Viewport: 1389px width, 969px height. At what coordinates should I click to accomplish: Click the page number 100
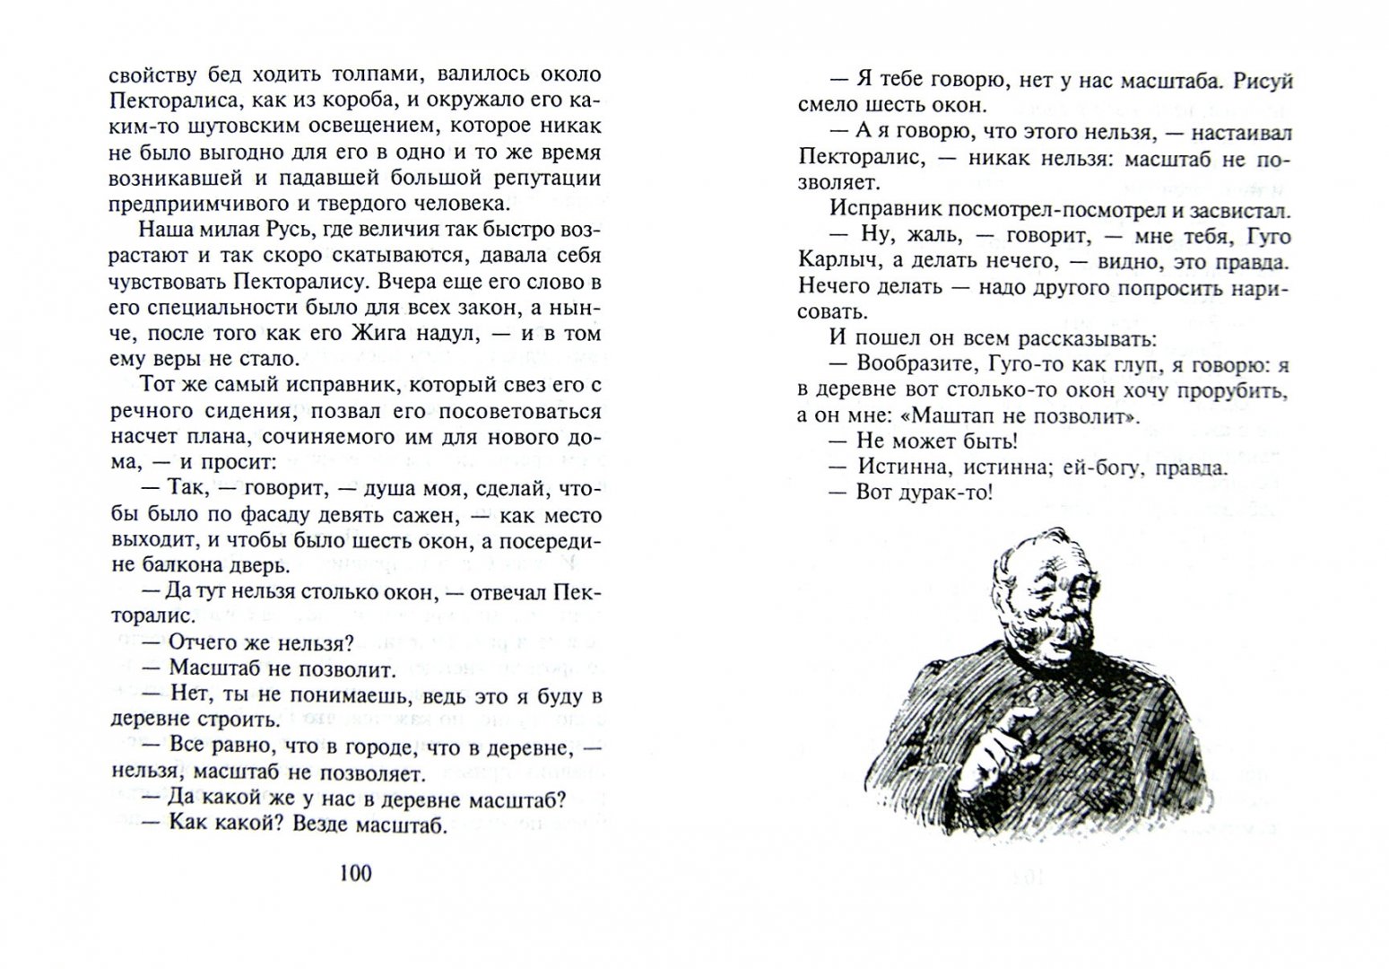point(356,872)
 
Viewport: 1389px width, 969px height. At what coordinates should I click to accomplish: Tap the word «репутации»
point(543,178)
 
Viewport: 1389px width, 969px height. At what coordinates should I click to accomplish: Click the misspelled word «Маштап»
point(938,417)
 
